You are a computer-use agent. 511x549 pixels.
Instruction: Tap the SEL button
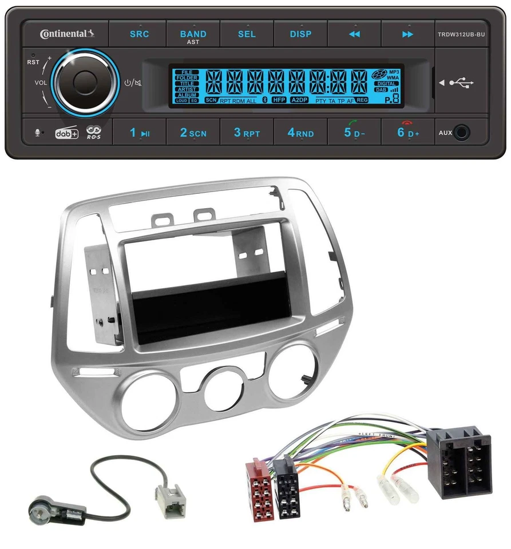[x=247, y=34]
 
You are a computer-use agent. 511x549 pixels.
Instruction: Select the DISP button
[x=300, y=34]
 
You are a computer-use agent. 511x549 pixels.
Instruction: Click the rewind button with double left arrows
[x=354, y=34]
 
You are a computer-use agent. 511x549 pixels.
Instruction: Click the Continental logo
[x=66, y=34]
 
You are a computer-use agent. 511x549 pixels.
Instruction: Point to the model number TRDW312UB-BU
[x=461, y=34]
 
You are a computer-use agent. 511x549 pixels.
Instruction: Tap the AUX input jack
[x=462, y=133]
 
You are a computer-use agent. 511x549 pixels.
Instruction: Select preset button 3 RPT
[x=247, y=133]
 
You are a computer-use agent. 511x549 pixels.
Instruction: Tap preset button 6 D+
[x=408, y=133]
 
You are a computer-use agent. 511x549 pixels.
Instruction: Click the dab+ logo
[x=66, y=133]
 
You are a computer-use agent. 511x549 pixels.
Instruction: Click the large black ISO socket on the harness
[x=458, y=462]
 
